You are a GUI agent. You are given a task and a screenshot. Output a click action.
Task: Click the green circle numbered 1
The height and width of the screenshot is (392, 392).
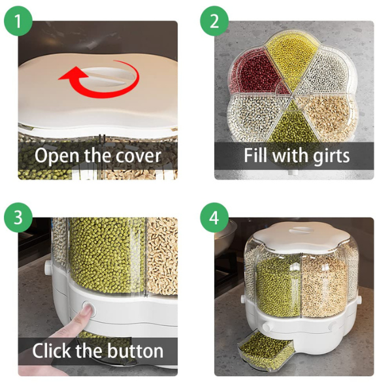coord(18,22)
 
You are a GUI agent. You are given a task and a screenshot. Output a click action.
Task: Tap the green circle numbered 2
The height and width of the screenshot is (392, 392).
coord(214,22)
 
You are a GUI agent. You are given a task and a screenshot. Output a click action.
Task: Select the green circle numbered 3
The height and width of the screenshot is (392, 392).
coord(18,218)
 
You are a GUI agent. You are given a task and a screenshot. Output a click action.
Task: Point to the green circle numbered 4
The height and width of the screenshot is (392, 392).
coord(214,218)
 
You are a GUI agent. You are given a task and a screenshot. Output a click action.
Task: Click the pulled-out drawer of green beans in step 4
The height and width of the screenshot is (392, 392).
coord(265,350)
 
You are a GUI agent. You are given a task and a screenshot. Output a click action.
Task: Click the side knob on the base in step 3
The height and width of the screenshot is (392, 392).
coord(48,267)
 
